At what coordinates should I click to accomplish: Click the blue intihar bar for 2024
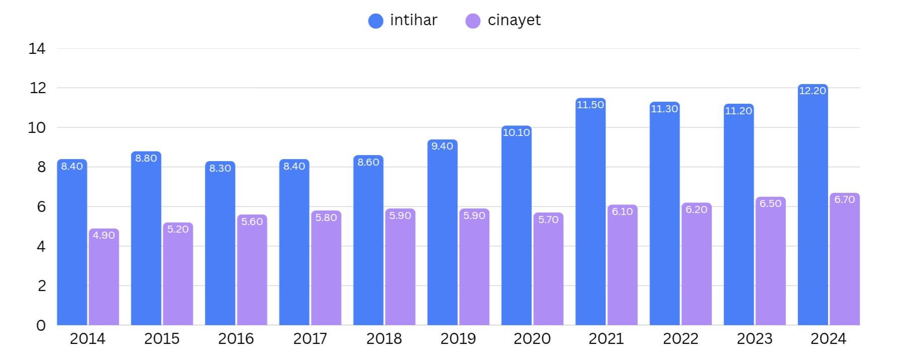[x=812, y=206]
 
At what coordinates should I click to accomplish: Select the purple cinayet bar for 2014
[x=104, y=279]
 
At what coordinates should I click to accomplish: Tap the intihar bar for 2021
[x=590, y=214]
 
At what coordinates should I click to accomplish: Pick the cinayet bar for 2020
[x=548, y=272]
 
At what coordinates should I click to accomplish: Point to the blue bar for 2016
[x=220, y=247]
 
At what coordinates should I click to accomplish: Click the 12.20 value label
[x=812, y=91]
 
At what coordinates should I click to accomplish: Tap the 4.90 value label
[x=104, y=235]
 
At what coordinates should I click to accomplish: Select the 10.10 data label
[x=516, y=132]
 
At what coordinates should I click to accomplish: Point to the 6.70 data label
[x=844, y=199]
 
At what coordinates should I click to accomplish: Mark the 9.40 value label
[x=442, y=146]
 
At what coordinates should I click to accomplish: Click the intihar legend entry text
[x=413, y=20]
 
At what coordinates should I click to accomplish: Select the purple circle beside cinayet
[x=473, y=21]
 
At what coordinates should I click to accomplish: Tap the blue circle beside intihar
[x=375, y=21]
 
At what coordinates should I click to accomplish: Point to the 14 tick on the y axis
[x=37, y=49]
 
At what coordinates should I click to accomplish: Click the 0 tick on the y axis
[x=41, y=325]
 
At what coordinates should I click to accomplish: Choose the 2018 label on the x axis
[x=384, y=339]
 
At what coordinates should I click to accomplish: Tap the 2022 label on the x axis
[x=681, y=339]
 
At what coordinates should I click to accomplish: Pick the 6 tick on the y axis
[x=41, y=207]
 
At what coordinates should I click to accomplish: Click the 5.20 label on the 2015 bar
[x=178, y=229]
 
